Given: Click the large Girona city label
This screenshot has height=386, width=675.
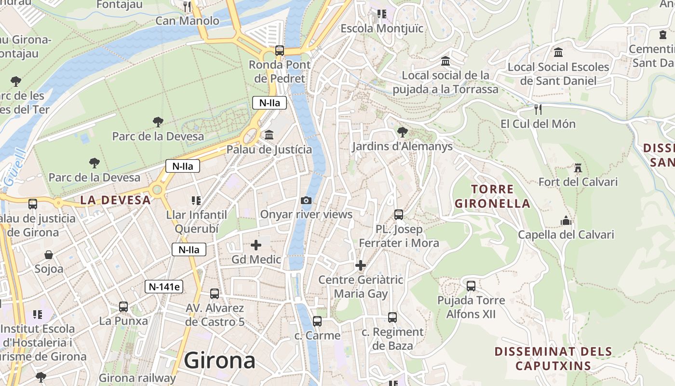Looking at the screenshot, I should click(x=219, y=360).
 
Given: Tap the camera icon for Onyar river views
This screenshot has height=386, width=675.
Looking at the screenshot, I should click(x=306, y=200).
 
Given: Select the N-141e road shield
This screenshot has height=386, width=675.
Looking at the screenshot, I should click(x=164, y=287).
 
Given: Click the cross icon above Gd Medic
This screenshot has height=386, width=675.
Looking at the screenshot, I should click(x=256, y=245).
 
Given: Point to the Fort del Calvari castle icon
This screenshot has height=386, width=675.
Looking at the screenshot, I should click(x=578, y=168).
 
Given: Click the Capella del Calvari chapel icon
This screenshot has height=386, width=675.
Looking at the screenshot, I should click(x=566, y=221).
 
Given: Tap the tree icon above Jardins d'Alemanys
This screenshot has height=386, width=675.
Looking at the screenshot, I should click(x=402, y=132).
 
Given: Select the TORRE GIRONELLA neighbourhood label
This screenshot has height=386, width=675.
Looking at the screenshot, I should click(x=492, y=196).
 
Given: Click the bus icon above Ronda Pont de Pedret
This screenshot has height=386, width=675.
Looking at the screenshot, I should click(x=279, y=50).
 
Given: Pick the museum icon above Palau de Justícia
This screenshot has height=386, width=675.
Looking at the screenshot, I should click(x=269, y=135).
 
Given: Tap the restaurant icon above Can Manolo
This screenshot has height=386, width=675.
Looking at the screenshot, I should click(x=188, y=7).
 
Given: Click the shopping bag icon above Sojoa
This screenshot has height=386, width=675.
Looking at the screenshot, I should click(x=49, y=254).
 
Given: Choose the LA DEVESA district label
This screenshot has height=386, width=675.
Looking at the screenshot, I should click(x=115, y=200).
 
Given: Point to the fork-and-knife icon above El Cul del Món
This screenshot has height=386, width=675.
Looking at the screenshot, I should click(x=538, y=110).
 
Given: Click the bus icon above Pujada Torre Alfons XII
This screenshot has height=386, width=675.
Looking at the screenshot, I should click(x=471, y=286).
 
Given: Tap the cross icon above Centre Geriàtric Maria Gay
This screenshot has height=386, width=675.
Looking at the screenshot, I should click(x=361, y=265).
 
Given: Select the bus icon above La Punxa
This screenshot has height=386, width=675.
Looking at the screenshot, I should click(x=123, y=306).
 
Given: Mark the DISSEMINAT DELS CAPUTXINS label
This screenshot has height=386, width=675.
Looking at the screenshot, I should click(x=553, y=358).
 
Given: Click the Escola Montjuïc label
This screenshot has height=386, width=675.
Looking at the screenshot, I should click(x=382, y=28).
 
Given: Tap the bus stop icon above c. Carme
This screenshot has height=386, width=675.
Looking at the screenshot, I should click(x=317, y=321).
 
